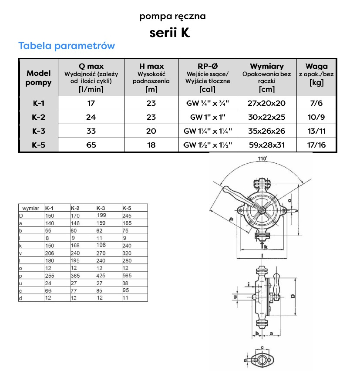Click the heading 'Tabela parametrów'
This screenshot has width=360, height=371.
67,46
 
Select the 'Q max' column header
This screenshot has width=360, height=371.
91,66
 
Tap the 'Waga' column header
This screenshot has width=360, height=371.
316,66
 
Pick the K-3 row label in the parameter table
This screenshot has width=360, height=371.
38,131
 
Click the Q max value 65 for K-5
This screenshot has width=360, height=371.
91,145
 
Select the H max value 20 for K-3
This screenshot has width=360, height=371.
151,131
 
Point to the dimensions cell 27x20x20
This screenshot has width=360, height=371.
266,104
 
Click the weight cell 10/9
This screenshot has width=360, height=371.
316,117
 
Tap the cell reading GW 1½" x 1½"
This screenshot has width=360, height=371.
208,145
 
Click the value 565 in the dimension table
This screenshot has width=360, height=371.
128,275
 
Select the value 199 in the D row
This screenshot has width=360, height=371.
102,215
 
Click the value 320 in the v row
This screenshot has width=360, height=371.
128,253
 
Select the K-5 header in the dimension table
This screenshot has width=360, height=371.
127,208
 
